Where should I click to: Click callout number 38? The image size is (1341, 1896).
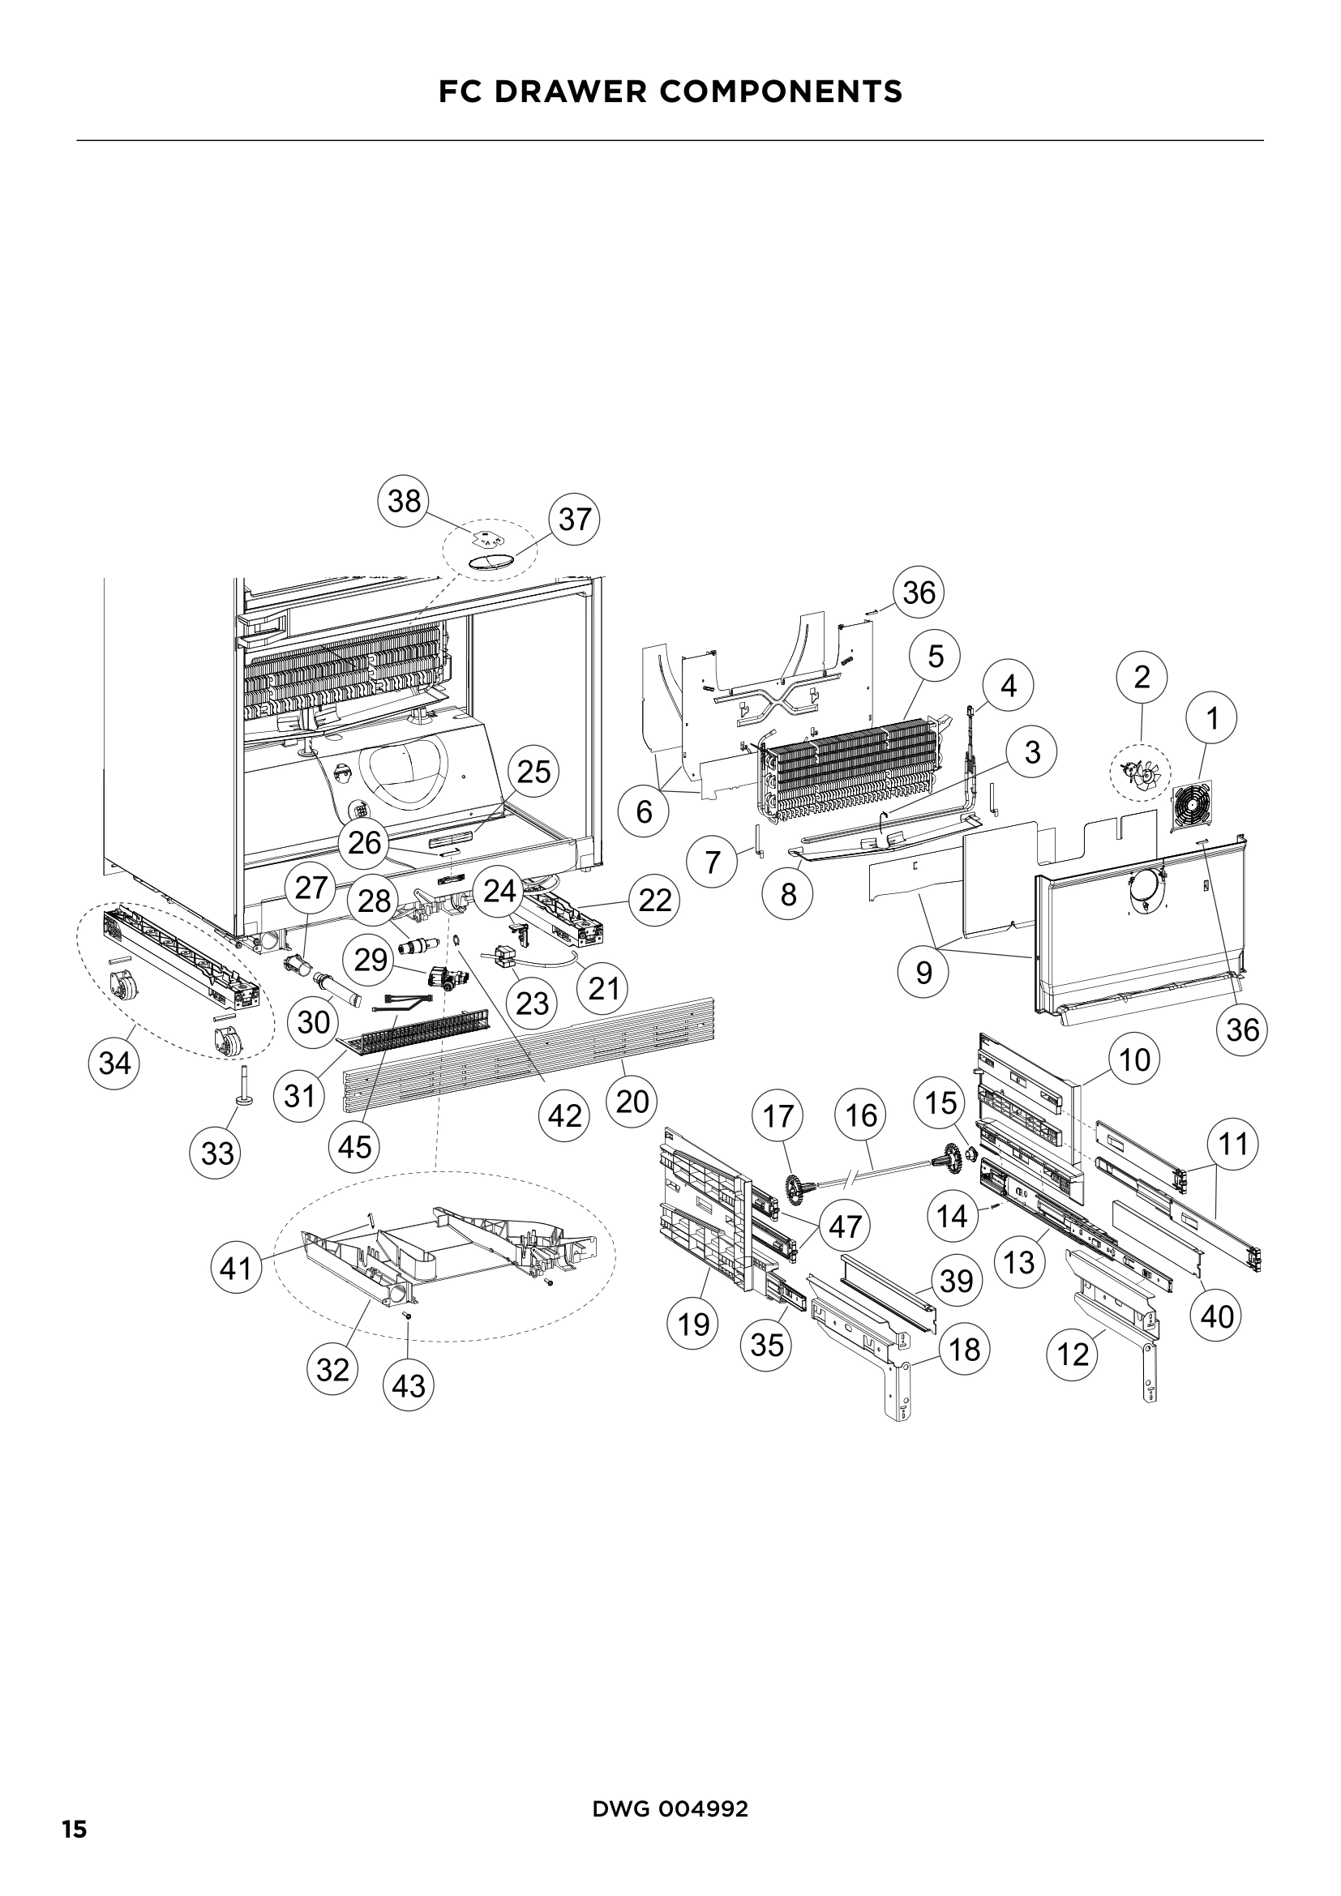tap(404, 501)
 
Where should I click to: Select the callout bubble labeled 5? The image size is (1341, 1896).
tap(935, 657)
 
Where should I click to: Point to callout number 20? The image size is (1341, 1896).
tap(632, 1101)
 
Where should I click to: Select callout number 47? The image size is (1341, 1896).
tap(845, 1226)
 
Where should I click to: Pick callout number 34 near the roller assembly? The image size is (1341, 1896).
tap(114, 1064)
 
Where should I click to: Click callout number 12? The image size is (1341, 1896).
tap(1073, 1355)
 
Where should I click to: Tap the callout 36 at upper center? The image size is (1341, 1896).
tap(919, 592)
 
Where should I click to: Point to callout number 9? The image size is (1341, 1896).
tap(924, 973)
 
